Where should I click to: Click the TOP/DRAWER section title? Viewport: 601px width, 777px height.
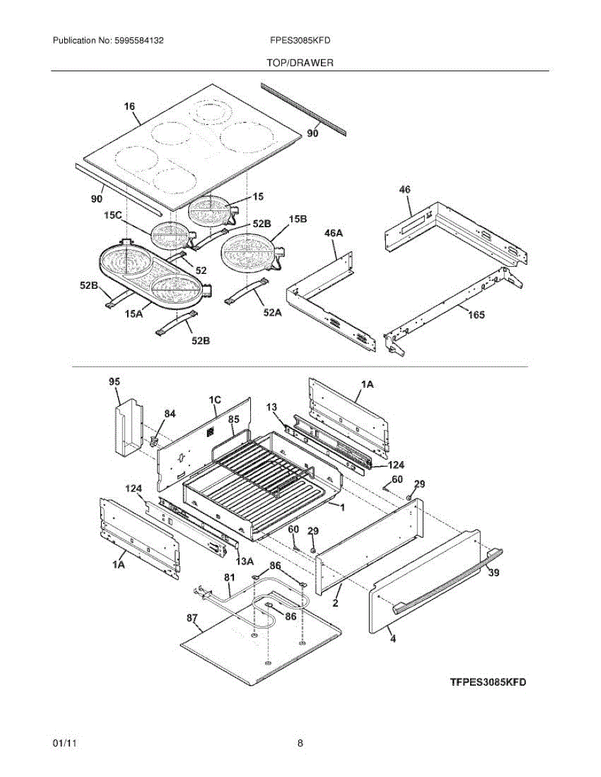coord(300,63)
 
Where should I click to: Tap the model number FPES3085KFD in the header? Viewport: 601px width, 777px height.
coord(300,40)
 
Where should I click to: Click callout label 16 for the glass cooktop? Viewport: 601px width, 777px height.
coord(130,106)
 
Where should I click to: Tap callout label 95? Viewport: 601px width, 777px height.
coord(115,382)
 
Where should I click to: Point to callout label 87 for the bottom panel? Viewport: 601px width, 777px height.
coord(193,619)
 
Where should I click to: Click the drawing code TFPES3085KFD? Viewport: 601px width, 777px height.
coord(488,682)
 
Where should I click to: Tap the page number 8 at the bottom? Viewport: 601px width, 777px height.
coord(300,743)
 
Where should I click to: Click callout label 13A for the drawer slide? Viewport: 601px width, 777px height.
coord(244,561)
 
